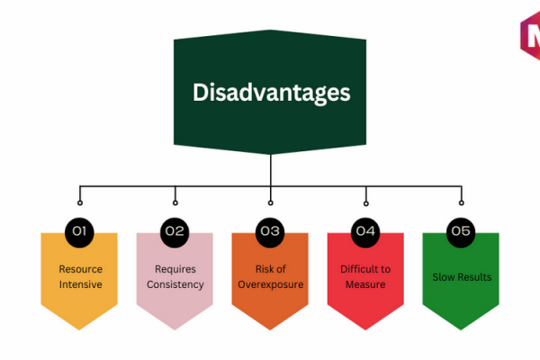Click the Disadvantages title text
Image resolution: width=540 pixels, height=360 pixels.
pos(272,93)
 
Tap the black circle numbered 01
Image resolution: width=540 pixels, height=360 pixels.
pos(79,232)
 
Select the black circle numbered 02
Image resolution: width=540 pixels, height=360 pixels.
pos(175,232)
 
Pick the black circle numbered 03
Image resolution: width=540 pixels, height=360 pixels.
pos(270,232)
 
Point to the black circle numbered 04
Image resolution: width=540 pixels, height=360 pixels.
pos(365,232)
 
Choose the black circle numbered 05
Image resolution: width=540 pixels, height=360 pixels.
pos(461,232)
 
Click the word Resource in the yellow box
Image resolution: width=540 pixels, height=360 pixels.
pos(81,269)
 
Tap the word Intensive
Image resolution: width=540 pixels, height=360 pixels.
pos(81,284)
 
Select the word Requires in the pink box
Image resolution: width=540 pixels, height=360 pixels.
pos(175,269)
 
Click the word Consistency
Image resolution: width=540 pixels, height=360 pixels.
pos(175,285)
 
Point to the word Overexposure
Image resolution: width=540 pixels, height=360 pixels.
pos(271,285)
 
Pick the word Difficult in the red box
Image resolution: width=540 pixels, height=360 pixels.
pos(356,269)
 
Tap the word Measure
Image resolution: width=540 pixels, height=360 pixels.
pos(365,284)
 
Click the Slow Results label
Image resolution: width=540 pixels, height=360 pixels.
pos(462,277)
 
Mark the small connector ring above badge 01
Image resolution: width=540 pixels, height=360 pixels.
pos(80,202)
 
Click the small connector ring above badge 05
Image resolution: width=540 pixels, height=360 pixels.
pos(462,202)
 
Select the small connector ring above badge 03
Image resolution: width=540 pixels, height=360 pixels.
pos(271,202)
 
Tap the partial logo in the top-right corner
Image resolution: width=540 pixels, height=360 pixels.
pos(530,34)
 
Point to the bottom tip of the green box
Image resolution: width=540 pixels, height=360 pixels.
pos(461,330)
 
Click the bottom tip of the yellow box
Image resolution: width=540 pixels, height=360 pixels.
pos(79,330)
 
